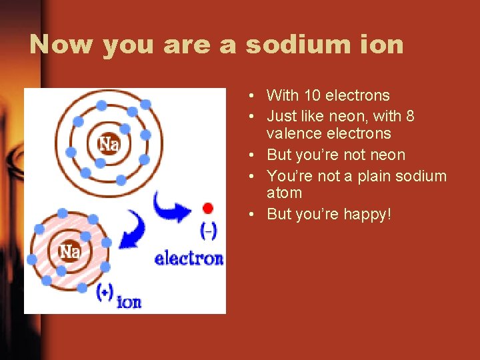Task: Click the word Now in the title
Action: click(61, 45)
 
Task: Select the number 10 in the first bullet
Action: click(311, 95)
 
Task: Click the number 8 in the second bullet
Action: click(410, 116)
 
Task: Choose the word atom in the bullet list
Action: click(284, 193)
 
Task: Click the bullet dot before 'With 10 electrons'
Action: click(247, 96)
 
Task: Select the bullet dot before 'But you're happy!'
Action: click(247, 215)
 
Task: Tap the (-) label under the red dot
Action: click(208, 231)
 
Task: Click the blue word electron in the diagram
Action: click(189, 258)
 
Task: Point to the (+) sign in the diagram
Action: click(104, 291)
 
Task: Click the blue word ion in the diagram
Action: click(129, 302)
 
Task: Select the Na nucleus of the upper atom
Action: click(108, 143)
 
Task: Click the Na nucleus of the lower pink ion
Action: click(70, 251)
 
